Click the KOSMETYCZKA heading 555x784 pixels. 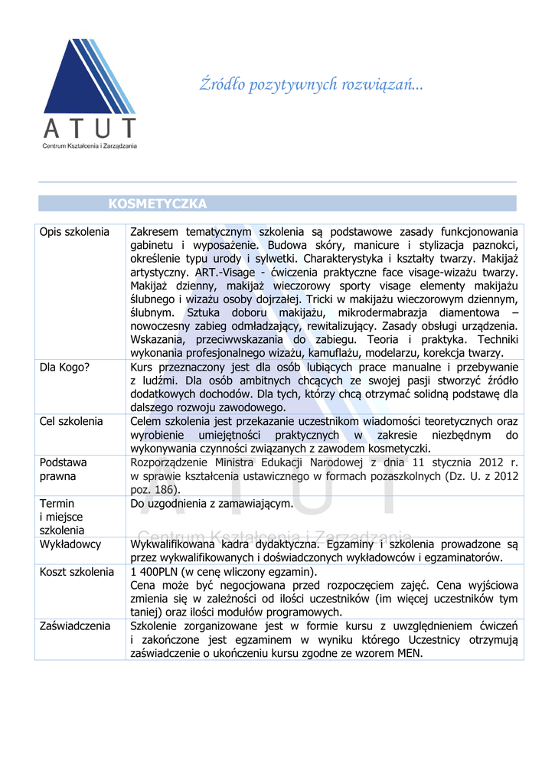pyautogui.click(x=158, y=204)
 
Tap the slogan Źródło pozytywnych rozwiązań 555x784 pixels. pyautogui.click(x=311, y=84)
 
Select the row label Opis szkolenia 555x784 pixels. pyautogui.click(x=75, y=231)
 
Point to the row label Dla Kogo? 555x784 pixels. pyautogui.click(x=65, y=367)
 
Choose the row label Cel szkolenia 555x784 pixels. pyautogui.click(x=71, y=421)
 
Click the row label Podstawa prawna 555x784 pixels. pyautogui.click(x=64, y=469)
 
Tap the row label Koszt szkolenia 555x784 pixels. pyautogui.click(x=77, y=572)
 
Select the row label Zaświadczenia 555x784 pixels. pyautogui.click(x=75, y=626)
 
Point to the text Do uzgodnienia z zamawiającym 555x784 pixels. pyautogui.click(x=212, y=503)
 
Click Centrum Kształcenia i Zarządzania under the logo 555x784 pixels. pyautogui.click(x=90, y=145)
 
